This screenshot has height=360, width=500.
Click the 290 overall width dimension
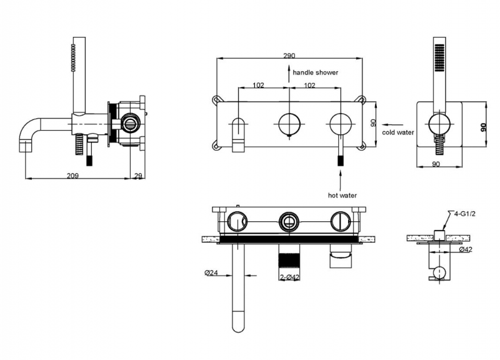coord(289,56)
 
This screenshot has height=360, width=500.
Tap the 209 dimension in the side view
coord(72,176)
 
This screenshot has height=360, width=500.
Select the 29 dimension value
coord(137,176)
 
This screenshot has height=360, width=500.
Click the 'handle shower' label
coord(316,72)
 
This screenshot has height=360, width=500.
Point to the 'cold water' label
coord(398,132)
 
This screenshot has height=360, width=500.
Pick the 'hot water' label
coord(342,196)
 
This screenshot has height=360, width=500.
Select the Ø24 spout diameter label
coord(211,272)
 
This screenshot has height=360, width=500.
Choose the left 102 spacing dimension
coord(258,86)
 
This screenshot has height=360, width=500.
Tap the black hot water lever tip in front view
coord(341,161)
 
